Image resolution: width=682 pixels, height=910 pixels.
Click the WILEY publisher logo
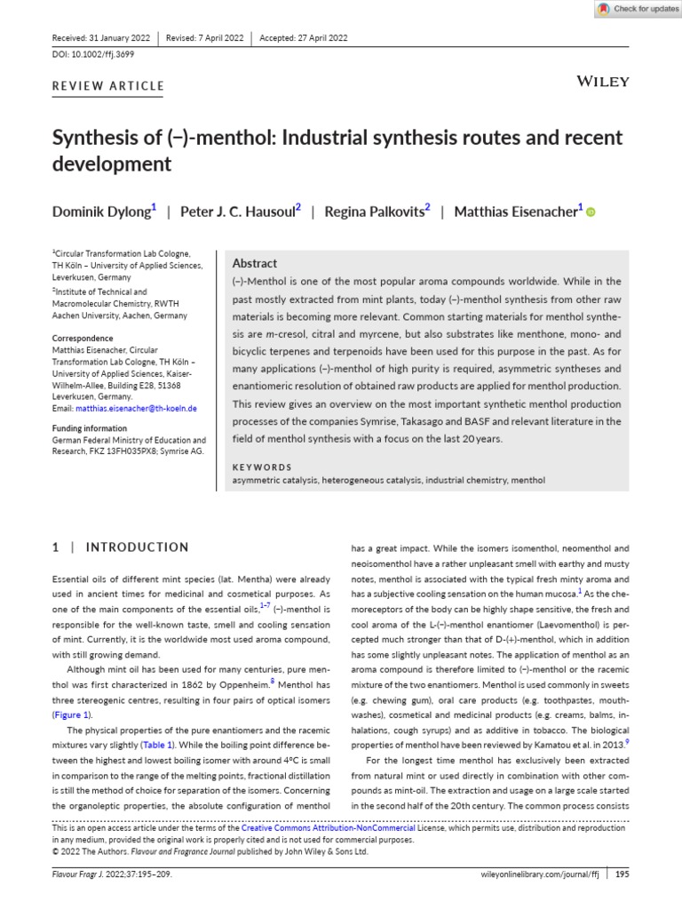point(603,82)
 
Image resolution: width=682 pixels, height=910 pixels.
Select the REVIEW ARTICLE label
point(108,86)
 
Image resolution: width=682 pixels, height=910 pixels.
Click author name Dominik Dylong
point(101,212)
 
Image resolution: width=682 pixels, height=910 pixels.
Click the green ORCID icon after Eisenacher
point(591,212)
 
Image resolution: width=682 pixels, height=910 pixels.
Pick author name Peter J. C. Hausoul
point(237,212)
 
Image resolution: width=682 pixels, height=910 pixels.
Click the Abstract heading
point(254,263)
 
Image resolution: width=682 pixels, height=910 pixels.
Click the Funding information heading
point(89,428)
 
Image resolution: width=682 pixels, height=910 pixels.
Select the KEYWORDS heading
point(261,467)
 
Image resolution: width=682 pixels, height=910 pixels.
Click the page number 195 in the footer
point(623,874)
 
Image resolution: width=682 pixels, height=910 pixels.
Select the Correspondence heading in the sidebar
point(83,339)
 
